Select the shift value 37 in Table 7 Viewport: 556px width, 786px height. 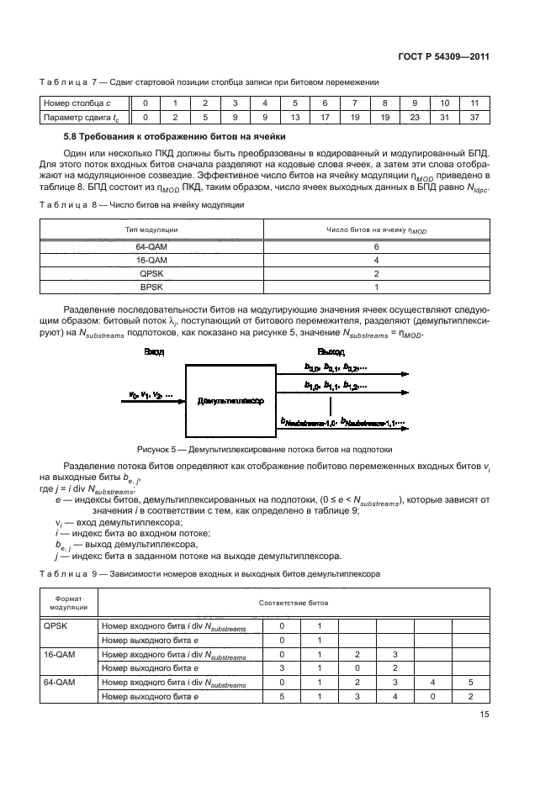(474, 118)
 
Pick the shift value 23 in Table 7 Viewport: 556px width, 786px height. (415, 118)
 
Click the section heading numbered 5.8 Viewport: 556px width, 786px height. (175, 136)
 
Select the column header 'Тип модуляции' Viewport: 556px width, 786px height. (151, 229)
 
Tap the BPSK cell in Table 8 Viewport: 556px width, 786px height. (151, 287)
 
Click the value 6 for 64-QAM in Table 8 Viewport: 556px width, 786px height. (376, 246)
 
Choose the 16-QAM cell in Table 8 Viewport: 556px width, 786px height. (151, 260)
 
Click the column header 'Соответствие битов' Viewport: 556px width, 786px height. (294, 603)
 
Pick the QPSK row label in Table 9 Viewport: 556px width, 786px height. (55, 626)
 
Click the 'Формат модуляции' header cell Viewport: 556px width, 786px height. (69, 603)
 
